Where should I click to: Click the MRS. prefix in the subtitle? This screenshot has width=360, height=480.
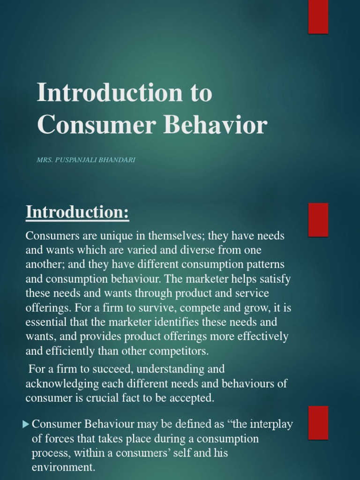point(46,160)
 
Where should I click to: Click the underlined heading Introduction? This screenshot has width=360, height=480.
point(77,212)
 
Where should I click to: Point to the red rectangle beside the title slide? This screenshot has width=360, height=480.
point(318,17)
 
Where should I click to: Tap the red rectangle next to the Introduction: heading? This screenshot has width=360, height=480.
point(318,219)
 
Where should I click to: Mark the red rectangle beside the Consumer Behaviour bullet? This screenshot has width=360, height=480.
point(318,422)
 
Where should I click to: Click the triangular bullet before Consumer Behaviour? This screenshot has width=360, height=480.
point(26,425)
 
